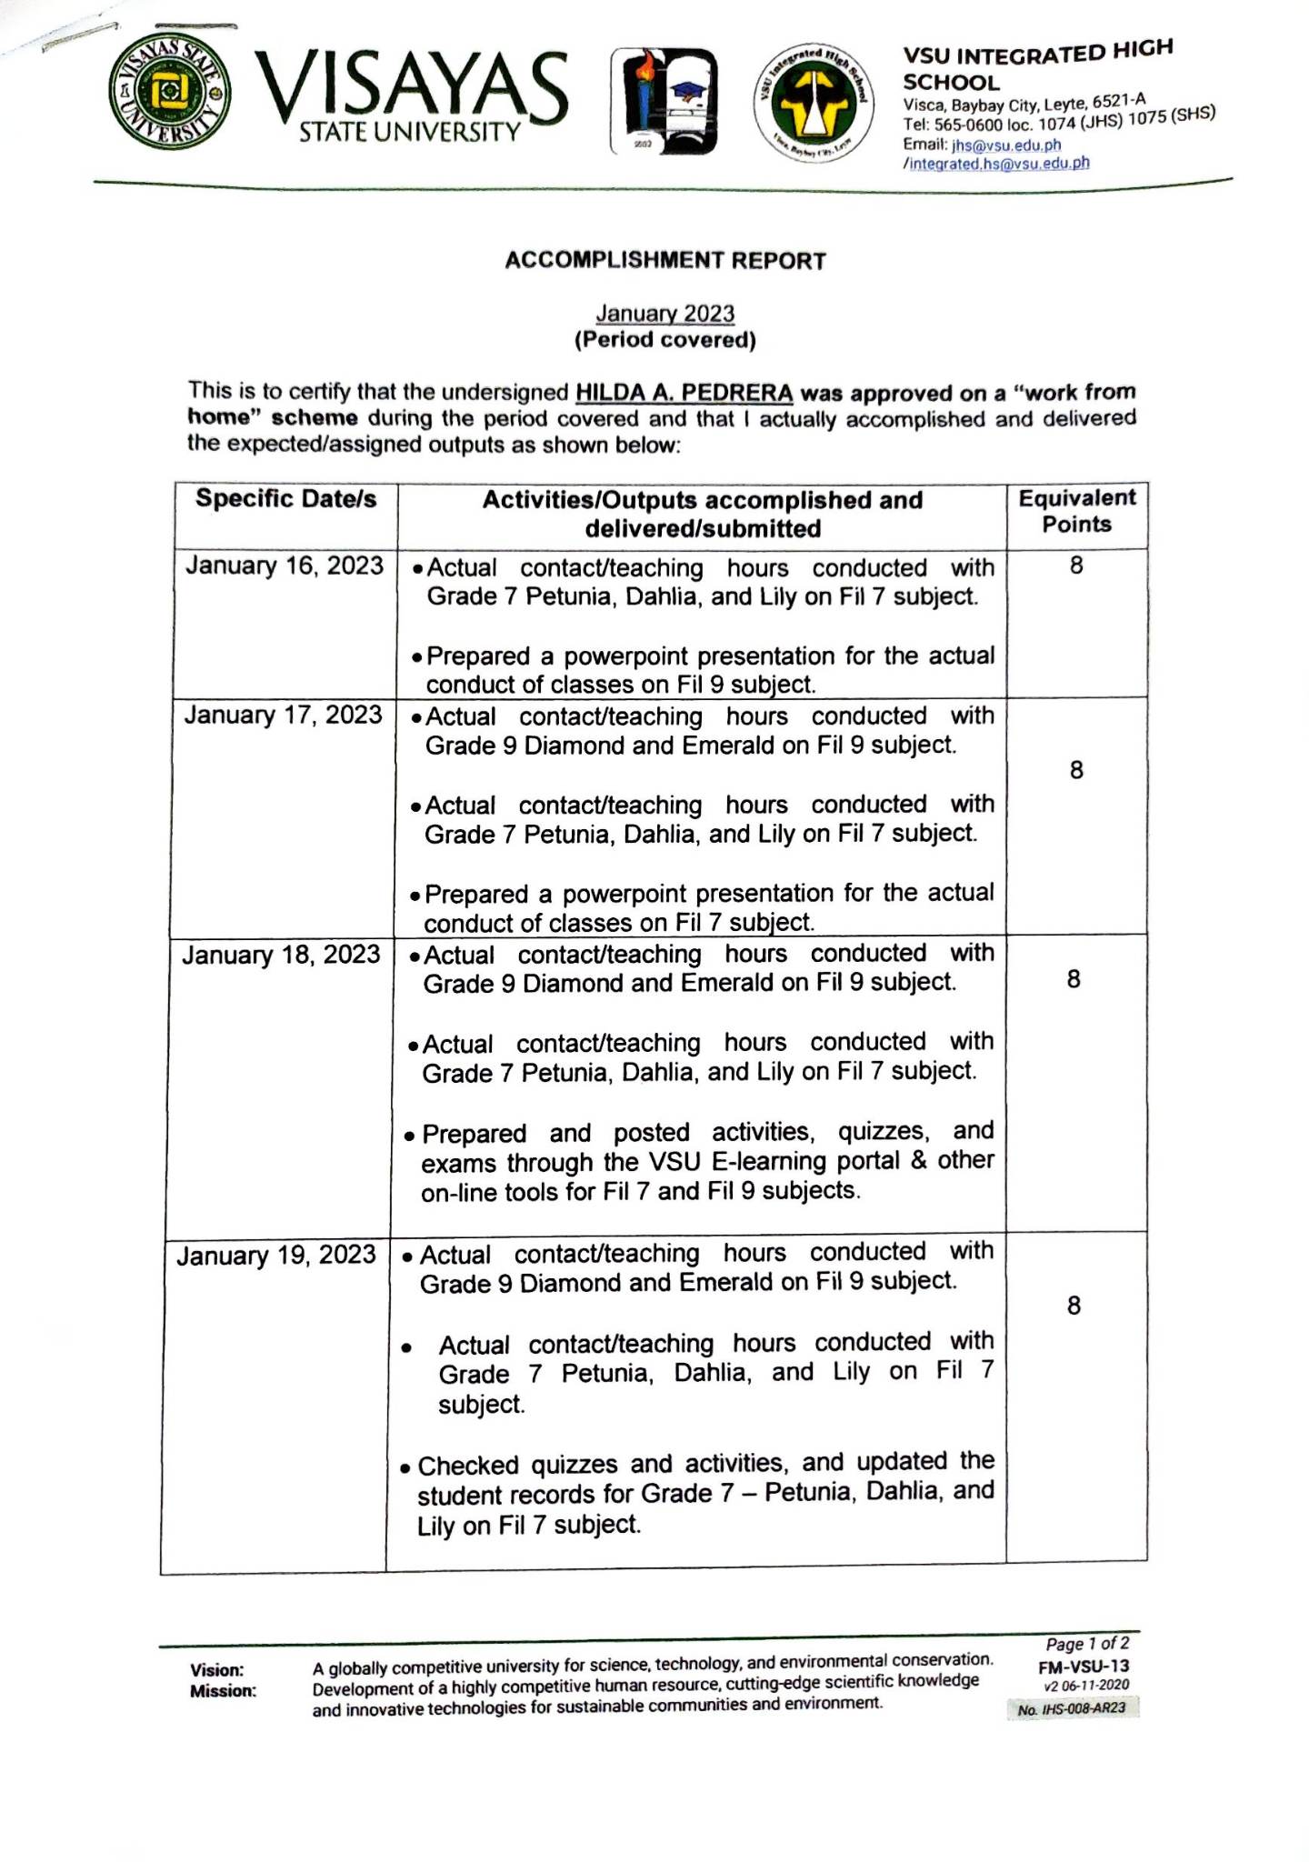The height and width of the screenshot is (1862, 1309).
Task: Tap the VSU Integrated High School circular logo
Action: tap(813, 102)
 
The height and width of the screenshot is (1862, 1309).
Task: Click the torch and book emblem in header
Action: tap(663, 100)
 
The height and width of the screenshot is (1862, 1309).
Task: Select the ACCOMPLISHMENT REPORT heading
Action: tap(665, 261)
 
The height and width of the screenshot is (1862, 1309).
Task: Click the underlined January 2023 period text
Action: tap(664, 314)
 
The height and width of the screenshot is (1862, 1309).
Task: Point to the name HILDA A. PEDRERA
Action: tap(684, 393)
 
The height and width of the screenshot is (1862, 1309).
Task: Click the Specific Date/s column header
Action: tap(285, 499)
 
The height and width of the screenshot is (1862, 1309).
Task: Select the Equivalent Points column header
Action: tap(1076, 511)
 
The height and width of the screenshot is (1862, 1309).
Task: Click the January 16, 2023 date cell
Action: tap(285, 566)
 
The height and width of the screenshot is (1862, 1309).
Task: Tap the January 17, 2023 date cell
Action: tap(283, 716)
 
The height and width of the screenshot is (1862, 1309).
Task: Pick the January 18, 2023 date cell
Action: tap(281, 956)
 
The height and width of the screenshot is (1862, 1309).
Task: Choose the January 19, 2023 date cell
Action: tap(276, 1256)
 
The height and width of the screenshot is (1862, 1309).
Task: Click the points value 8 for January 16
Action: tap(1076, 566)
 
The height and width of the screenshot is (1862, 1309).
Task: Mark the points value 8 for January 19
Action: tap(1074, 1306)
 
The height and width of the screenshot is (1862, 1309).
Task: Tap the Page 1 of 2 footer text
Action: tap(1087, 1644)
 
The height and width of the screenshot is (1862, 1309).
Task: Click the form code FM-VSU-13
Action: tap(1084, 1666)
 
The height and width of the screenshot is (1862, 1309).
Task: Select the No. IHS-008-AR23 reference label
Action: tap(1072, 1708)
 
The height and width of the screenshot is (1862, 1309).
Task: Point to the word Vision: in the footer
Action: tap(217, 1670)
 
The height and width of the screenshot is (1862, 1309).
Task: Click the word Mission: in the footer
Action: tap(223, 1691)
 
